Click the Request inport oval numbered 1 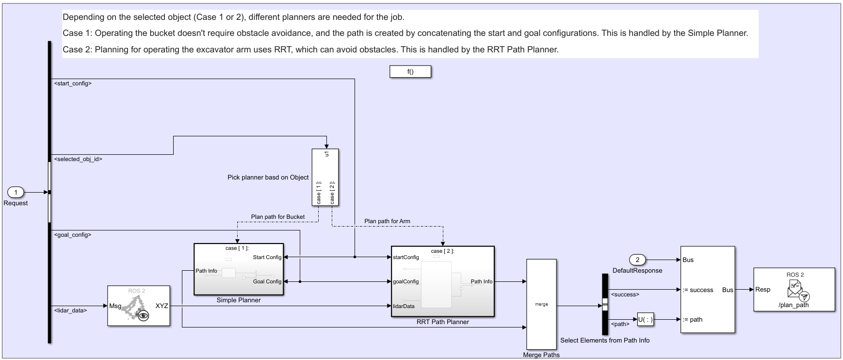coord(16,193)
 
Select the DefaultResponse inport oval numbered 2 coord(637,260)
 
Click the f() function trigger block coord(410,72)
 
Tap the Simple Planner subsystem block coord(239,269)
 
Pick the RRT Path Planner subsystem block coord(442,281)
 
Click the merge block coord(541,304)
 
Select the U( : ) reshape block coord(645,320)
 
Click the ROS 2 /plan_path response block coord(794,289)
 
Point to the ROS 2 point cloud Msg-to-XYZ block coord(139,306)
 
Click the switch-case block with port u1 coord(325,177)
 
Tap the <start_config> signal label coord(73,83)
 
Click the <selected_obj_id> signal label coord(78,159)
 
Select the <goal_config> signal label coord(73,235)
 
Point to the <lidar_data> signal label coord(71,310)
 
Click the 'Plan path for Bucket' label coord(277,217)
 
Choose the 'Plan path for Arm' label coord(387,221)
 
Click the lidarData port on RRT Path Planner coord(404,306)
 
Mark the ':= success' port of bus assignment coord(697,290)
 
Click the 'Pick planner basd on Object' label coord(268,178)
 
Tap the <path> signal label coord(620,324)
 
